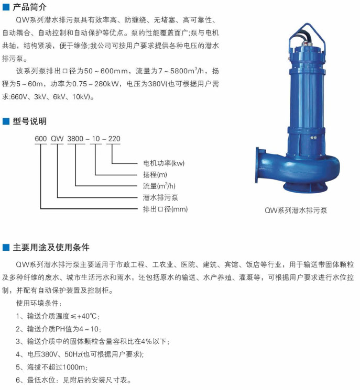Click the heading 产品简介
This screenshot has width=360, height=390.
(29, 7)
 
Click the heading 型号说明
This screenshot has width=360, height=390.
(29, 121)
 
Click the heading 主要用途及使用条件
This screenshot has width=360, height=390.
(51, 247)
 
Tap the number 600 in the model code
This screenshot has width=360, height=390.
(40, 139)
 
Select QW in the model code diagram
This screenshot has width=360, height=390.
(57, 139)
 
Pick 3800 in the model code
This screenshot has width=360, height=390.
(75, 139)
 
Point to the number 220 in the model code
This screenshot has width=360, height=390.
(114, 139)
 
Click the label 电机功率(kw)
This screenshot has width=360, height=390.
(164, 163)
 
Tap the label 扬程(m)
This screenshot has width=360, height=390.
(155, 175)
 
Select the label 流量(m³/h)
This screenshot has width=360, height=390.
(159, 186)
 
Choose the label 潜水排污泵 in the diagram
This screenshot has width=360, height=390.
(160, 197)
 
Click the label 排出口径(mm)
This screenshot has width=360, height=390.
(165, 209)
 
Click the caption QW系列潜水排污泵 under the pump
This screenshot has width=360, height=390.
(296, 210)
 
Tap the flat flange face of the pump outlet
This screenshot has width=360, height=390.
(257, 165)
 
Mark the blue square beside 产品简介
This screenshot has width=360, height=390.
(6, 7)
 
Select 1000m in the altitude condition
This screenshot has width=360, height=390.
(74, 367)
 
